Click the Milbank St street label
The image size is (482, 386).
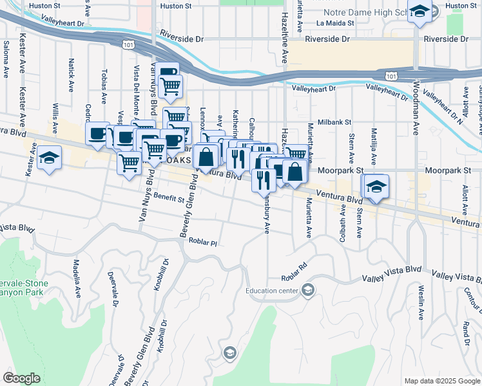333,122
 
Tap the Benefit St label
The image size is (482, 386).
168,198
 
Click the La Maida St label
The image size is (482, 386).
335,23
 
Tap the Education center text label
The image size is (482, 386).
271,291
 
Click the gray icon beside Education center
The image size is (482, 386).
308,291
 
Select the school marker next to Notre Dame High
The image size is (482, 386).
419,13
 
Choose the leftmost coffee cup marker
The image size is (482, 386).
97,134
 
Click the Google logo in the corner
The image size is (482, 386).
21,378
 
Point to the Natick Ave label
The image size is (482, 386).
71,76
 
